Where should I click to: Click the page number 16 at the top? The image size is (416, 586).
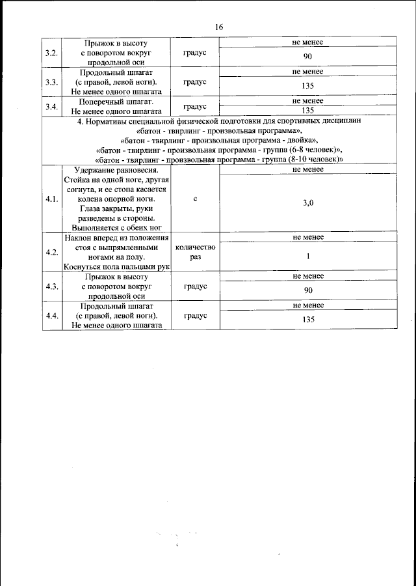218,27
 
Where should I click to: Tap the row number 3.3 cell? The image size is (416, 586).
51,82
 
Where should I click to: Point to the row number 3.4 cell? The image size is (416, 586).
51,106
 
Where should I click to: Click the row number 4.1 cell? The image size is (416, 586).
51,199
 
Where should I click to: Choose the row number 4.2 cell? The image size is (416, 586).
51,252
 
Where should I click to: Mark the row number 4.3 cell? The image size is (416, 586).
51,286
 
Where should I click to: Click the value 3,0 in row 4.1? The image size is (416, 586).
308,203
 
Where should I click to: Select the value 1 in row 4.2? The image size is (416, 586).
308,257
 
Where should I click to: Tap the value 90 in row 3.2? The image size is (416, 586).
308,57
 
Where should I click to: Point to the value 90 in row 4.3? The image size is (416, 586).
308,290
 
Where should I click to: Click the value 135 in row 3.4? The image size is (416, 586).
308,111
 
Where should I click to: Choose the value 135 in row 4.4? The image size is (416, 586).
308,320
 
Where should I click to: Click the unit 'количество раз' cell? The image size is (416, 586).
195,252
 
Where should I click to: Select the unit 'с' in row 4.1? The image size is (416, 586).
195,199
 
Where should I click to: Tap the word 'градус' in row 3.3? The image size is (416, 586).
195,82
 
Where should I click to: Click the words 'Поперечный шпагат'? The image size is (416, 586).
116,102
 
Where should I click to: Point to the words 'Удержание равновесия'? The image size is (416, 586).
116,169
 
